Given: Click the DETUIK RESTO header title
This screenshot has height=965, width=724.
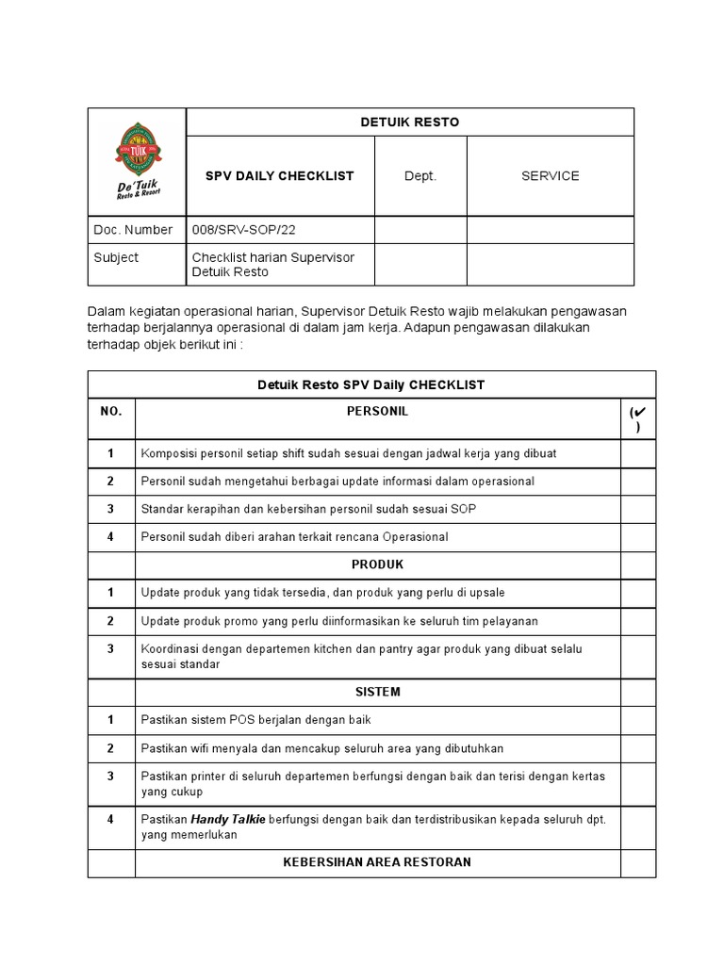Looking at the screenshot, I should click(x=409, y=123).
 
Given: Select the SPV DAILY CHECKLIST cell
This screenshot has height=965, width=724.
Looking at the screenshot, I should click(x=280, y=176).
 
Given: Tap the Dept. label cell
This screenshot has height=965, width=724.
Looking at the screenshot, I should click(x=420, y=176).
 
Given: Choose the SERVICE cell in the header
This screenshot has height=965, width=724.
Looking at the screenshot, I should click(x=550, y=176).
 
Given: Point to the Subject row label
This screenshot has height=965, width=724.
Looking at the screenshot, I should click(x=116, y=257).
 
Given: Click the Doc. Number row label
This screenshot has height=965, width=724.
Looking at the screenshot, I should click(x=133, y=230).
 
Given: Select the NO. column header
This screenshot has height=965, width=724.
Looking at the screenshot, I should click(x=111, y=412).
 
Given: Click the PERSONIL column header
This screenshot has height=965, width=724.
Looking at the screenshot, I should click(x=377, y=412).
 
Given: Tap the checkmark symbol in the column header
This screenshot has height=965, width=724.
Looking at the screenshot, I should click(x=637, y=414).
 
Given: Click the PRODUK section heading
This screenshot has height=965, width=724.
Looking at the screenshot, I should click(x=377, y=564).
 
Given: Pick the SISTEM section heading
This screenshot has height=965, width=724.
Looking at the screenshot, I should click(x=377, y=692).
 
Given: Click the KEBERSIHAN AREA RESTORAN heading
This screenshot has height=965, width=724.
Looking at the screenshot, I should click(x=377, y=862).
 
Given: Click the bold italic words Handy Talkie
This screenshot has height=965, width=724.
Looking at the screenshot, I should click(x=227, y=819).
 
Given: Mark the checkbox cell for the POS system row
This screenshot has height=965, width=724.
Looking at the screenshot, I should click(x=637, y=720).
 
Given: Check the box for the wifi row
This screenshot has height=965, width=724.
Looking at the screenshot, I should click(x=637, y=748).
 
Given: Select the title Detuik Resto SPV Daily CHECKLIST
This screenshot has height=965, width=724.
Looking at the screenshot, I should click(x=371, y=384).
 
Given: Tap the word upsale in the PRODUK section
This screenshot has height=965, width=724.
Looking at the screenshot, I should click(x=485, y=593).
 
